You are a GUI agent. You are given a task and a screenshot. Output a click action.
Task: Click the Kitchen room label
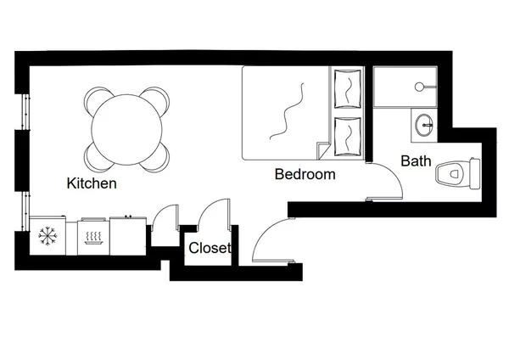92,183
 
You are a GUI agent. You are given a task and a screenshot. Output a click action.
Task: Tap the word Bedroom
305,175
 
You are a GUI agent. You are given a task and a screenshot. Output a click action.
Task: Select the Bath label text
416,160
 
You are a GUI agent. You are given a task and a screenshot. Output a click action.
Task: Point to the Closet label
210,249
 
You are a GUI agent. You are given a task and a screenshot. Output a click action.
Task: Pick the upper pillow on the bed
347,89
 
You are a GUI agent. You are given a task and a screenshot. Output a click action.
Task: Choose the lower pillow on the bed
347,134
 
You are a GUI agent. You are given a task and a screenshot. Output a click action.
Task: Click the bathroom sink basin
423,126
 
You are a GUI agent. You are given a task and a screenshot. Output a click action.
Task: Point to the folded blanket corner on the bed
322,150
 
